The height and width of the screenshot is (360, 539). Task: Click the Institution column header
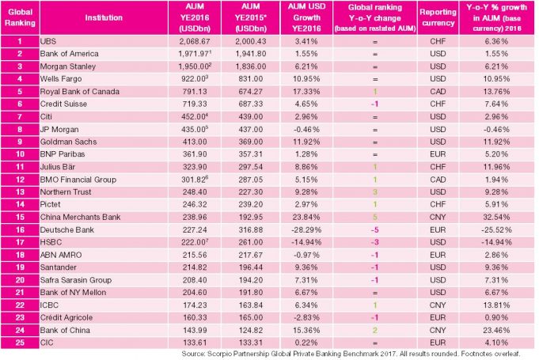point(104,17)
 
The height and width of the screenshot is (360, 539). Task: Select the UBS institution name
point(47,41)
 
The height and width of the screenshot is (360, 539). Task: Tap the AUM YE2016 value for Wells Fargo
point(195,79)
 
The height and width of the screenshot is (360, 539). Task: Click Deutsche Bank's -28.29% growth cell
point(306,229)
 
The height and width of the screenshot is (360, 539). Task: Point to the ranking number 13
point(20,192)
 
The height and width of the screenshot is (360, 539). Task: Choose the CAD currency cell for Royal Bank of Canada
point(438,91)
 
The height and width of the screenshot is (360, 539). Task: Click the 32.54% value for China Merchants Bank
point(496,217)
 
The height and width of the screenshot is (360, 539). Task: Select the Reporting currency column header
point(438,17)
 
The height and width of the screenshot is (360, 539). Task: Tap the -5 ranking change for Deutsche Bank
point(374,229)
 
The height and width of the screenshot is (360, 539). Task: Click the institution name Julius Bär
point(58,167)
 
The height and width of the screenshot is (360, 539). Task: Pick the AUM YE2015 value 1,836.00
point(251,66)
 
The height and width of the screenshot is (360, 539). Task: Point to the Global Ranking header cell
point(20,17)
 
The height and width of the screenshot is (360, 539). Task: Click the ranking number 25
point(20,343)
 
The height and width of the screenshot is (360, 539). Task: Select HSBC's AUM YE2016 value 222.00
point(195,242)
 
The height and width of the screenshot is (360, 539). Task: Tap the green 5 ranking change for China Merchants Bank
point(375,217)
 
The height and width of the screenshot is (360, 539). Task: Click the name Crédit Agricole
point(66,317)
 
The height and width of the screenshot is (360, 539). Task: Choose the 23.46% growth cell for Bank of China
point(496,330)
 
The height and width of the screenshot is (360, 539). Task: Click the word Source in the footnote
point(194,354)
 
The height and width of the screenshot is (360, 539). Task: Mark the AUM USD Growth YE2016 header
point(306,17)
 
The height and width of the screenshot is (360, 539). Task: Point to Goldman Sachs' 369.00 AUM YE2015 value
point(251,142)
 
